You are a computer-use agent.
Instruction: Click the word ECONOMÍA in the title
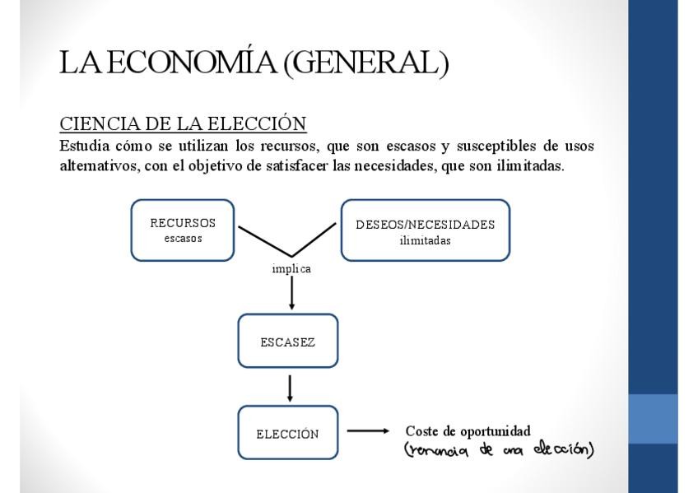coord(192,63)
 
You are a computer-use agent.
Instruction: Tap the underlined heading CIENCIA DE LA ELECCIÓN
coord(183,123)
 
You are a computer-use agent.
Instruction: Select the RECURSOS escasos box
coord(183,230)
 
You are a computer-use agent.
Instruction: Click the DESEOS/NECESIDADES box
coord(425,230)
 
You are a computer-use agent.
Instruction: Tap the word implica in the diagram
coord(291,269)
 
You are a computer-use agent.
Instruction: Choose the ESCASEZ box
coord(287,341)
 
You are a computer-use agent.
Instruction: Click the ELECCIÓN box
coord(287,433)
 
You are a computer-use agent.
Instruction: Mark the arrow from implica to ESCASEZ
coord(291,294)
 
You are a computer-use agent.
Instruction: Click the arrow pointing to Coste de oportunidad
coord(367,430)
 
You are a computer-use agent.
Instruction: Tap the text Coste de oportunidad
coord(468,430)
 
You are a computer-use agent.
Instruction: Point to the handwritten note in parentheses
coord(499,449)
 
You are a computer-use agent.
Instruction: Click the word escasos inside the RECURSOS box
coord(183,239)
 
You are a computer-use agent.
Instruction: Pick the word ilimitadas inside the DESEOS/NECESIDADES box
coord(425,240)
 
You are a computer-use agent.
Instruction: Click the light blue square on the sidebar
coord(653,419)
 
